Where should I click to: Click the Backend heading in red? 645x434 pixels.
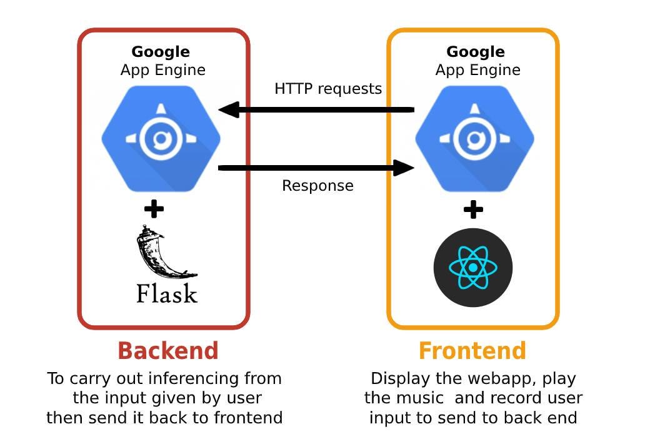[x=168, y=351]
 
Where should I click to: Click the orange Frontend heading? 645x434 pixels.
[x=472, y=351]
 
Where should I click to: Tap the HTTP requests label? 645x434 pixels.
[x=328, y=89]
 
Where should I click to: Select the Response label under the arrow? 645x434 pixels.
[x=317, y=185]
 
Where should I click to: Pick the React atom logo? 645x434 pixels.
[x=473, y=267]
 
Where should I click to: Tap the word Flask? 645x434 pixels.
[x=167, y=293]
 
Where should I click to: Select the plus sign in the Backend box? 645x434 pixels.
[x=154, y=209]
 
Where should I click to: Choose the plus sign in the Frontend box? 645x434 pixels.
[x=473, y=209]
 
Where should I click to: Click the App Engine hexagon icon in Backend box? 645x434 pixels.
[x=161, y=139]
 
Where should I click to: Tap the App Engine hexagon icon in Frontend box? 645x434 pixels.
[x=475, y=139]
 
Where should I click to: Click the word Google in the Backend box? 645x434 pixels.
[x=161, y=52]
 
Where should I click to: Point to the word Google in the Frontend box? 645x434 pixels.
[x=476, y=52]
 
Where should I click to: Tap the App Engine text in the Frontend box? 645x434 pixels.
[x=478, y=70]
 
